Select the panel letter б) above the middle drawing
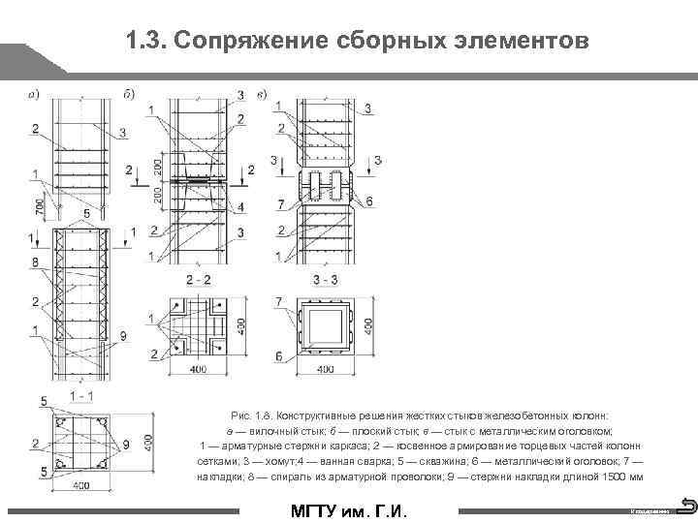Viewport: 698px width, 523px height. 129,94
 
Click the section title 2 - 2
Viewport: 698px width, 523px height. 199,279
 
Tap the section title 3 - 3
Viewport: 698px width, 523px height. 325,279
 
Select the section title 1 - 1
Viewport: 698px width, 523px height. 81,396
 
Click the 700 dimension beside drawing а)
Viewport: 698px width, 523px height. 38,205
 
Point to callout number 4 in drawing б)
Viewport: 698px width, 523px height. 240,207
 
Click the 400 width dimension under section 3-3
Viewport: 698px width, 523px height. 326,369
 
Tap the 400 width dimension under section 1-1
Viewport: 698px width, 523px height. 81,484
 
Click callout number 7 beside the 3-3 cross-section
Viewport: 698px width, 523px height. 279,303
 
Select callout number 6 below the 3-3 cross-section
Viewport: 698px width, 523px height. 279,356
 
